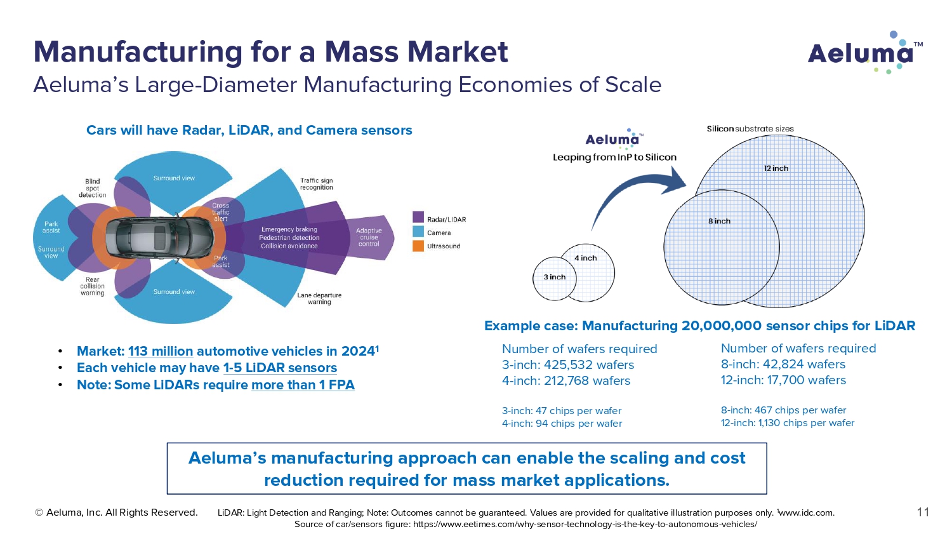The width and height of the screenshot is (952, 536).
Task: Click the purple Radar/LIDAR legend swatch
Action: click(x=418, y=217)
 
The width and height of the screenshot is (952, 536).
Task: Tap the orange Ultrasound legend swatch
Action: click(x=418, y=246)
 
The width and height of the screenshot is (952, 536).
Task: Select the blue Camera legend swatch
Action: click(x=418, y=231)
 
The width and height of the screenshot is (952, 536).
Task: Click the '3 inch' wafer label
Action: click(x=555, y=277)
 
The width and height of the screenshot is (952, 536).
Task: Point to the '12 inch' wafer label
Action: click(x=776, y=168)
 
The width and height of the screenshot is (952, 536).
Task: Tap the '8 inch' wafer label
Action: click(x=719, y=221)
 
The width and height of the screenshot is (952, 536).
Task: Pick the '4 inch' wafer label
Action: click(x=586, y=258)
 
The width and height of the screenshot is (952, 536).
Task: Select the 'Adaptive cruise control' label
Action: click(x=369, y=238)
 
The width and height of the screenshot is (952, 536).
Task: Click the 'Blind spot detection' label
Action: click(x=92, y=188)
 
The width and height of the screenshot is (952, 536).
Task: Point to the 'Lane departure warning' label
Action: click(x=319, y=298)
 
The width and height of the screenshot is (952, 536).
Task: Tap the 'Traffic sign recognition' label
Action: click(x=317, y=184)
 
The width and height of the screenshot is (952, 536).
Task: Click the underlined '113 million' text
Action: click(x=161, y=351)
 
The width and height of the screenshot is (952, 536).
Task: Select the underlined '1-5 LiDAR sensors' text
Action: click(x=280, y=368)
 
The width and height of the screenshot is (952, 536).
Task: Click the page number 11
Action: click(x=923, y=512)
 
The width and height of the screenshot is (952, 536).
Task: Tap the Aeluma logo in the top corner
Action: click(x=865, y=53)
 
